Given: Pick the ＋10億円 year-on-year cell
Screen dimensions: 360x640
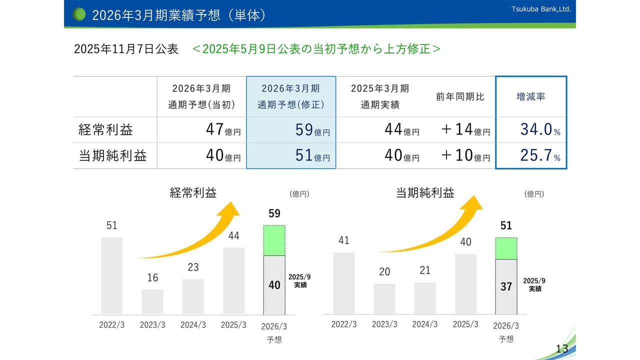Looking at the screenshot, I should pos(465,155).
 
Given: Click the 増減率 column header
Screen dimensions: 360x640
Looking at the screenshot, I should pos(530,97).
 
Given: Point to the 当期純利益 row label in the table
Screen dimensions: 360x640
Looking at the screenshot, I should pos(113,155).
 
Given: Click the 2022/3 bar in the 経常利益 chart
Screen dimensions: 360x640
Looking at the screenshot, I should pos(111,275).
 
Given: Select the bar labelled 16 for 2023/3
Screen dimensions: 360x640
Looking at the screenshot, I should pos(152,301).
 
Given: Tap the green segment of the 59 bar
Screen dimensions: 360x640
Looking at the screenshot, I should pos(274,240).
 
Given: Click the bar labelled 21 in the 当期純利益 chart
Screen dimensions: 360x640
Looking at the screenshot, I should pos(425,298).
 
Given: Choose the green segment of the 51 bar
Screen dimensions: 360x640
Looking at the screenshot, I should pos(506,248).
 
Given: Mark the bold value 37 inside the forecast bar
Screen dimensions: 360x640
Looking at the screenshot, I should pos(506,287).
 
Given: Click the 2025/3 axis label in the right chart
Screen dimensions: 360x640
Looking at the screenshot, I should pos(465,324).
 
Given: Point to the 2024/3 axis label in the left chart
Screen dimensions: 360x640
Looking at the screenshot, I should pos(193,324).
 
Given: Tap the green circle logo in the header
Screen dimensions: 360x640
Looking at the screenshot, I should pos(79,14).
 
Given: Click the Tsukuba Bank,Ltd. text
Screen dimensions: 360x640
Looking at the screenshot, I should pos(541,9).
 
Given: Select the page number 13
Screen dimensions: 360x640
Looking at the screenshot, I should pos(562,348).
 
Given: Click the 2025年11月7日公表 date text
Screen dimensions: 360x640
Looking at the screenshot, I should pos(126,49).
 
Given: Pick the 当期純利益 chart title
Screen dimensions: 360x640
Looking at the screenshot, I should pos(425,193).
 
